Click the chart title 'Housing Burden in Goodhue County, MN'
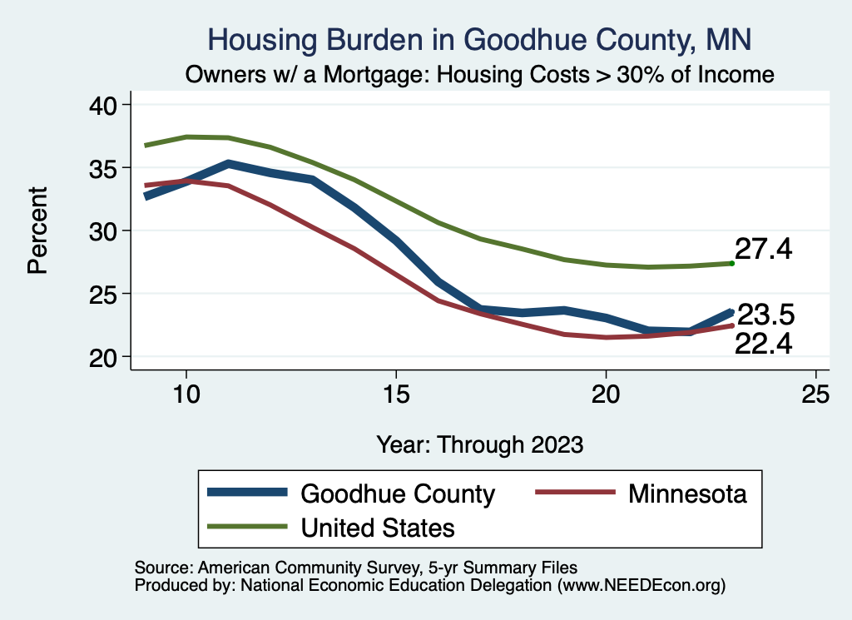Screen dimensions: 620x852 [478, 39]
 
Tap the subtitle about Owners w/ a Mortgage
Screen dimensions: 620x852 [480, 75]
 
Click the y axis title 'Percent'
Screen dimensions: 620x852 [37, 231]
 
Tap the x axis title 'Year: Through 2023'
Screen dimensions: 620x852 [480, 444]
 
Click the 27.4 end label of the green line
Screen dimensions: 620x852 [763, 249]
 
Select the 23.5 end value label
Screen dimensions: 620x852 [766, 315]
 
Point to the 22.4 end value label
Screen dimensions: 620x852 [763, 342]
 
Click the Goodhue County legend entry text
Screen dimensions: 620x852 [398, 494]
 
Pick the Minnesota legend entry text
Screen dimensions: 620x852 [687, 494]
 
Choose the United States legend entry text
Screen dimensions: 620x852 [378, 527]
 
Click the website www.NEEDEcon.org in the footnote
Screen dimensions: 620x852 [640, 586]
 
